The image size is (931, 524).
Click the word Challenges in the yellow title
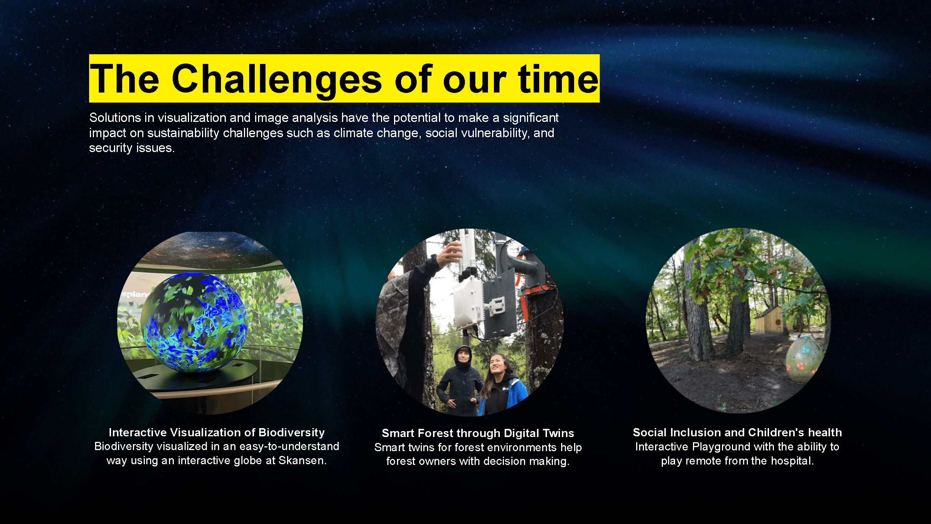(277, 79)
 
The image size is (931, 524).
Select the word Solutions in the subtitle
(115, 117)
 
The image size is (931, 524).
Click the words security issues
(132, 148)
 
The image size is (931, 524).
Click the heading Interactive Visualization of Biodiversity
(217, 433)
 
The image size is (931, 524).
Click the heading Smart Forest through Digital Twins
(478, 433)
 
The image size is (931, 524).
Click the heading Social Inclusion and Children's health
(737, 433)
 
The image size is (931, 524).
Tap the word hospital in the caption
(792, 461)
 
